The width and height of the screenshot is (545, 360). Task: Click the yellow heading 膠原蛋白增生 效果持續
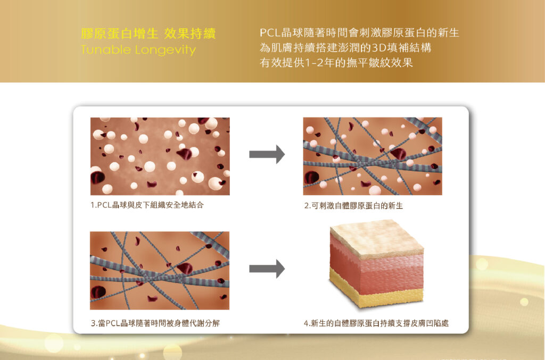tap(148, 34)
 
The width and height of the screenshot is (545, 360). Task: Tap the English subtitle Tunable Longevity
tap(138, 51)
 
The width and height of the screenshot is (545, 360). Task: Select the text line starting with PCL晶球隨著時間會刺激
tap(359, 33)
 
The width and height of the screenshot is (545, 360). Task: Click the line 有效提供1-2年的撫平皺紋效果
tap(336, 63)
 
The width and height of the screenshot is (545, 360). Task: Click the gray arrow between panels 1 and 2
tap(267, 154)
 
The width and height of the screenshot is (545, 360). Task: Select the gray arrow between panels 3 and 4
tap(267, 269)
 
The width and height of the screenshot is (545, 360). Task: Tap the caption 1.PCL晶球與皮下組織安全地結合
tap(147, 205)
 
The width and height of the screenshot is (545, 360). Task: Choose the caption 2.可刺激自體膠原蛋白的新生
tap(353, 206)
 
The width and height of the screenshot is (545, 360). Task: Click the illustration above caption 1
tap(160, 156)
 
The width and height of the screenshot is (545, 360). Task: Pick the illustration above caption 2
tap(373, 156)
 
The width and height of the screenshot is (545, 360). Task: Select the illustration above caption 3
tap(160, 270)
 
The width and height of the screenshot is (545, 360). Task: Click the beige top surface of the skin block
tap(375, 237)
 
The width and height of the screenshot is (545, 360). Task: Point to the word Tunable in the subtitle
tap(101, 51)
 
